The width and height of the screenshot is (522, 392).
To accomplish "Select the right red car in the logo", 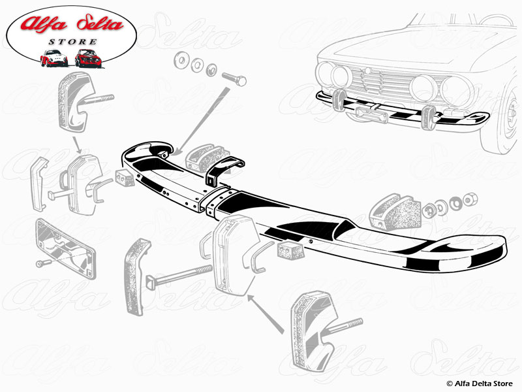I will point(87,58).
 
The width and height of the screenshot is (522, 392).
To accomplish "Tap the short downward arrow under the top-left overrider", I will point(77,142).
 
